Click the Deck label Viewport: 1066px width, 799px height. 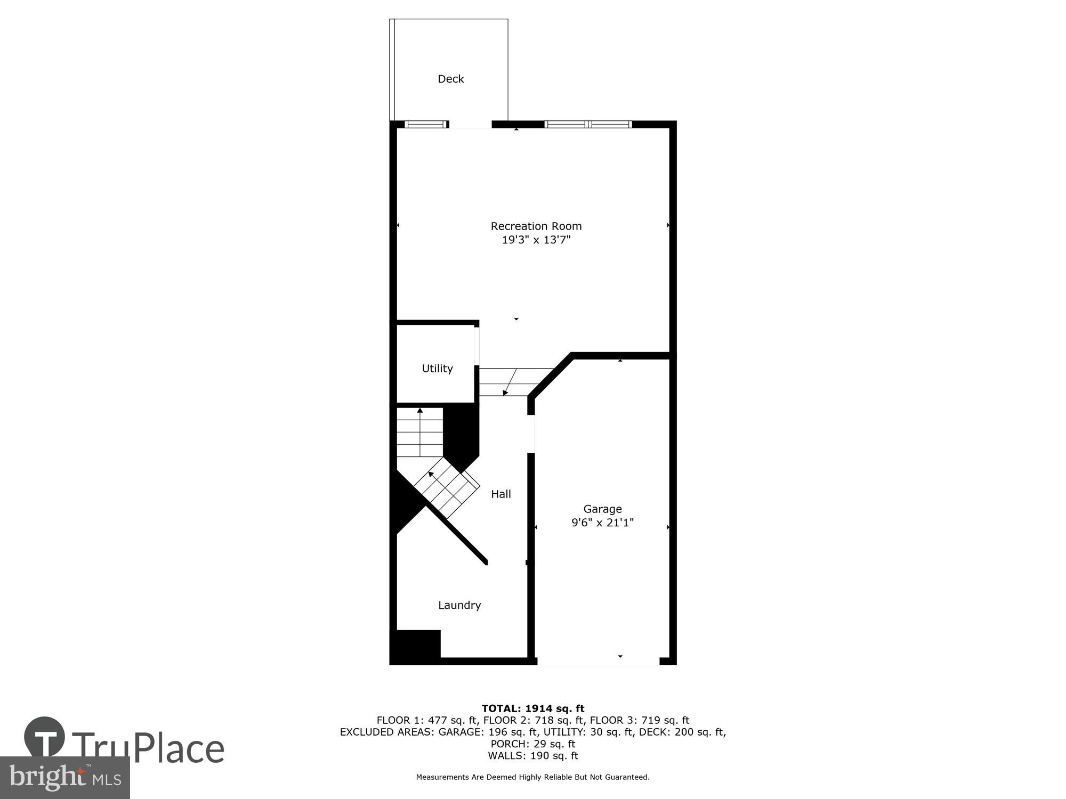click(x=450, y=79)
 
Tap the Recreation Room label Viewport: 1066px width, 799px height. click(x=536, y=226)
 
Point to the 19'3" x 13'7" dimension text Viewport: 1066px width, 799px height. click(x=536, y=240)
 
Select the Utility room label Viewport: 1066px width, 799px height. click(x=437, y=368)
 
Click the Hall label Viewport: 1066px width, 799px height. click(x=500, y=494)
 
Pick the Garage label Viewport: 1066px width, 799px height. click(x=602, y=509)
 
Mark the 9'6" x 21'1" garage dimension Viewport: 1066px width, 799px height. click(x=602, y=523)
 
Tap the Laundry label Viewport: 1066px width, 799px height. click(x=459, y=605)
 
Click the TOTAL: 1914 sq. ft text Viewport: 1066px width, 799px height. click(x=533, y=708)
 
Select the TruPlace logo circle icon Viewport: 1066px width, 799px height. click(x=45, y=738)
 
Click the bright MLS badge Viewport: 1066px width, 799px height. click(x=64, y=778)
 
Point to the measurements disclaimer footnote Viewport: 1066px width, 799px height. click(x=533, y=777)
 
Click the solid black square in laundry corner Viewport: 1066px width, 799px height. click(x=416, y=646)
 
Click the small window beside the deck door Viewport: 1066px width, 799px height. click(x=425, y=125)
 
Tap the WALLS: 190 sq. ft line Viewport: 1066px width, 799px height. click(x=533, y=755)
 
